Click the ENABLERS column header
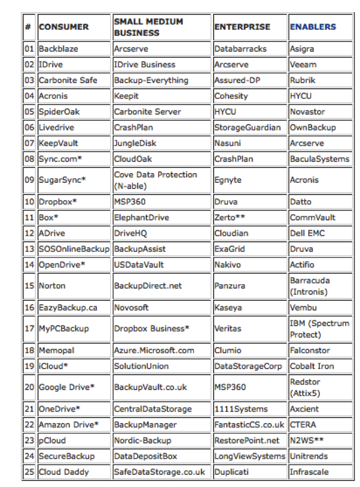pos(313,26)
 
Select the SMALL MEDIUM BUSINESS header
pos(148,26)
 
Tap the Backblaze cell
pos(58,48)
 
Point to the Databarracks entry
pos(240,48)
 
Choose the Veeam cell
pos(303,64)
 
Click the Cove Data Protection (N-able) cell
pos(155,180)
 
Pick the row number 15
pos(29,286)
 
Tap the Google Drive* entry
pos(66,387)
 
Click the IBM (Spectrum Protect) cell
pos(319,328)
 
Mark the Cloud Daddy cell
pos(63,472)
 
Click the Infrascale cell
pos(310,472)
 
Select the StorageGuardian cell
pos(247,127)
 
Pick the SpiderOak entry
pos(59,111)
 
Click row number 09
pos(29,180)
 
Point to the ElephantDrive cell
pos(141,217)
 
